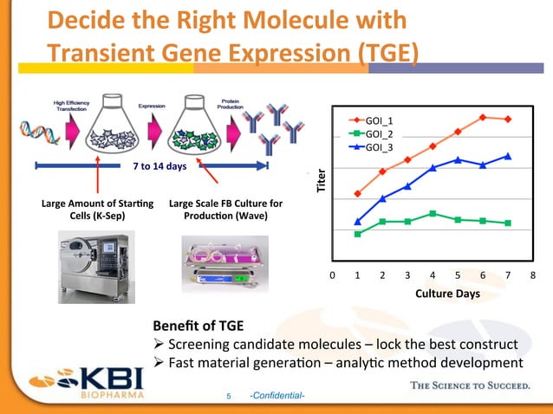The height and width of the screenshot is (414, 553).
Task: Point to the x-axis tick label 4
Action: [433, 275]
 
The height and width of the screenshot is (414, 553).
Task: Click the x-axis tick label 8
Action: [533, 275]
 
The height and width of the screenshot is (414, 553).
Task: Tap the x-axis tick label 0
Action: [332, 275]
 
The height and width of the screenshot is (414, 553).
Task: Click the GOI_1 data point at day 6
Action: [483, 117]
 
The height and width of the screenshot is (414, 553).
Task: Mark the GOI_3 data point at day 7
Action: [508, 156]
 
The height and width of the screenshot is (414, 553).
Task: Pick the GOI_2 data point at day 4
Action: [433, 213]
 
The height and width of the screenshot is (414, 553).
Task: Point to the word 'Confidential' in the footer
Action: [276, 396]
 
